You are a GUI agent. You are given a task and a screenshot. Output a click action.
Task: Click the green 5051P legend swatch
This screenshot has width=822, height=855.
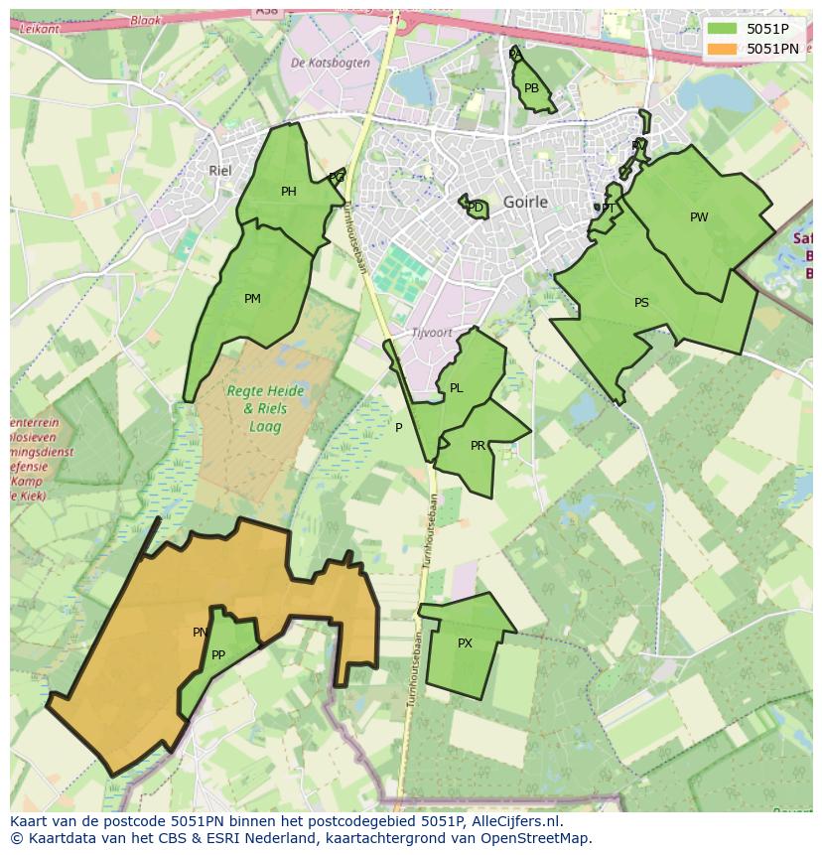tap(722, 29)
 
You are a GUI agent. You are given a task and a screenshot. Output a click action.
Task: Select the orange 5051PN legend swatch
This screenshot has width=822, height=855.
tap(722, 49)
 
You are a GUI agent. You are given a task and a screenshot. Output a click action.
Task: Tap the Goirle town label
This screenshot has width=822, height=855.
tap(525, 202)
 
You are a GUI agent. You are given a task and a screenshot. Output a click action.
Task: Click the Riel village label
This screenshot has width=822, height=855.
tap(219, 171)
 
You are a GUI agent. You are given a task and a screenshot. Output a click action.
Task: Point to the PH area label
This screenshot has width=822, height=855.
tap(288, 192)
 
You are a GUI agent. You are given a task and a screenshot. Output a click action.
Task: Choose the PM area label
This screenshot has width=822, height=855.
tap(252, 298)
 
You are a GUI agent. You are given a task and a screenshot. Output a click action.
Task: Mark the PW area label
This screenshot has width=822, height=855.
tap(699, 217)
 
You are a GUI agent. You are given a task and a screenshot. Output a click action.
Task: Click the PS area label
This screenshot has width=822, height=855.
tap(641, 303)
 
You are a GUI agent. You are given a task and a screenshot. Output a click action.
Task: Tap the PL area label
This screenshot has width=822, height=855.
tap(456, 388)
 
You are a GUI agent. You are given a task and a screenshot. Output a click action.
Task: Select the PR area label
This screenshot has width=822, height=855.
tap(478, 445)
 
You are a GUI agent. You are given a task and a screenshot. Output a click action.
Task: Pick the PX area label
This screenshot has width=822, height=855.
tap(465, 643)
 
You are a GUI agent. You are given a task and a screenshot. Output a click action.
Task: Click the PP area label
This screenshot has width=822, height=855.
tap(218, 654)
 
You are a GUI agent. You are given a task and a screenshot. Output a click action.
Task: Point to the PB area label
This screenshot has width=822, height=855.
tap(531, 88)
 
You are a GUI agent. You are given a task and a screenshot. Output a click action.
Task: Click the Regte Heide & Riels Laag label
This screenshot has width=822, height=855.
tap(257, 408)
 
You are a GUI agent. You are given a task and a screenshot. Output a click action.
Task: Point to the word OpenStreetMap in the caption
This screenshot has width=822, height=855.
tap(540, 838)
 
